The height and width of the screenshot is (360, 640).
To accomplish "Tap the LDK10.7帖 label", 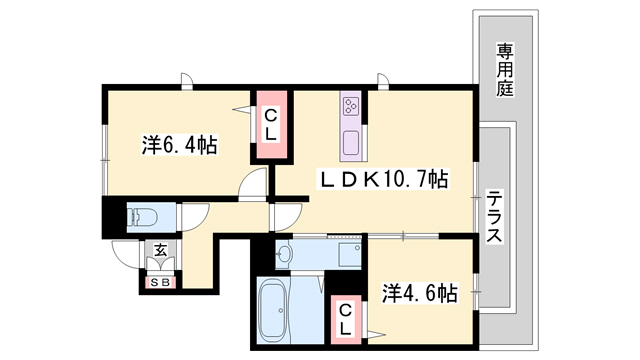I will tap(382, 180).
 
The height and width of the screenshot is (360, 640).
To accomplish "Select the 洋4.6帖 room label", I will tap(420, 293).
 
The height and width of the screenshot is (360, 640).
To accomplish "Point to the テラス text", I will tap(494, 221).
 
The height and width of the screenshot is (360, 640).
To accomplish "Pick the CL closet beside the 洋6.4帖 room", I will tap(270, 124).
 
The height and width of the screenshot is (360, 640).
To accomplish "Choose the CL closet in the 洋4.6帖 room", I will tap(343, 319).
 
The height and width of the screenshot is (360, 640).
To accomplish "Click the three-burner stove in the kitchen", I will tap(350, 105).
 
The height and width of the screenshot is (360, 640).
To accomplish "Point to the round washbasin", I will tap(283, 254).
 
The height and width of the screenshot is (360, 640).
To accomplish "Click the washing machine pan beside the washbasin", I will tap(348, 254).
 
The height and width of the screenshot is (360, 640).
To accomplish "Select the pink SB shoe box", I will tap(158, 283).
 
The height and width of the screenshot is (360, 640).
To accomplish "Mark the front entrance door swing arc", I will tap(126, 254).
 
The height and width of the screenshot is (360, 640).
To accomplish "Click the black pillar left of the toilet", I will tap(109, 217).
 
